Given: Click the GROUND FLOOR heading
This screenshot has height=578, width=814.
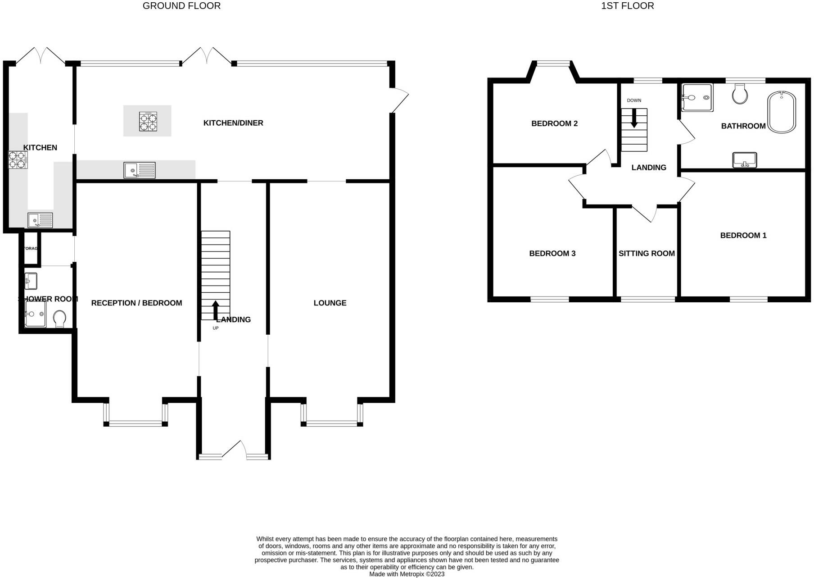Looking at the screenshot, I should [x=181, y=6].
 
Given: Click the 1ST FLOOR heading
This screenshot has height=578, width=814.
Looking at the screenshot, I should [x=627, y=6].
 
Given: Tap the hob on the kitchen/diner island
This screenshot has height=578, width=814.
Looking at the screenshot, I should [x=148, y=121].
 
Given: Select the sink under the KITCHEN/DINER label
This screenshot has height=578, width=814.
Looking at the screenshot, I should [x=140, y=170].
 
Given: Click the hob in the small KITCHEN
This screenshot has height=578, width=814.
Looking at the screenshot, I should [x=18, y=160].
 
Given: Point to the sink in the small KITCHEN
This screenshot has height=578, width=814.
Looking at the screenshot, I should [x=40, y=220].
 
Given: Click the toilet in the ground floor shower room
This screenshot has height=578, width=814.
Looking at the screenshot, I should [x=59, y=319].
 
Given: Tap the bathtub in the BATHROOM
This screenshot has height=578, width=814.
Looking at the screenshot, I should [x=782, y=112].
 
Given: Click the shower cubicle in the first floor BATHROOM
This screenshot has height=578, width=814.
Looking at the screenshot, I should [x=697, y=97].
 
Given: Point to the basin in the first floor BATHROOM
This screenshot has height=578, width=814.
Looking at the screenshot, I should [x=745, y=160].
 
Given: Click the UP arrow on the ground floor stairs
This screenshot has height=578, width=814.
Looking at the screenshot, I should [x=215, y=309].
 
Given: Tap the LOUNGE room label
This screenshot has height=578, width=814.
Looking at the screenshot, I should [x=330, y=303].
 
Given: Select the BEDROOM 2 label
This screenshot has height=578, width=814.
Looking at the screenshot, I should [x=554, y=123].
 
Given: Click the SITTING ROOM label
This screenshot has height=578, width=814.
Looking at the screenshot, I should [x=647, y=254].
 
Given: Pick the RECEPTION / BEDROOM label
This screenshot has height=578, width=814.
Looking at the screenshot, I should [x=136, y=303].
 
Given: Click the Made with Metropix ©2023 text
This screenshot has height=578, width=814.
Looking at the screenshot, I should [x=407, y=574].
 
